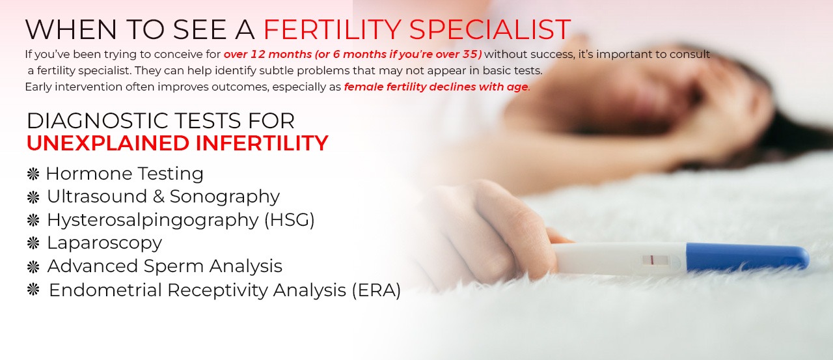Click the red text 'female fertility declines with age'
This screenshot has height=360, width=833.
point(436,87)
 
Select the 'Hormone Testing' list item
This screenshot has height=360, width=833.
point(124,174)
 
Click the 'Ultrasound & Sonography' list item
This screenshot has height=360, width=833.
point(163,197)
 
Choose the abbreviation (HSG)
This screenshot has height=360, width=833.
point(290,220)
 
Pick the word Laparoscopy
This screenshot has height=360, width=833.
point(104,243)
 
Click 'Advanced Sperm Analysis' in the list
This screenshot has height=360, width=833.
point(165,266)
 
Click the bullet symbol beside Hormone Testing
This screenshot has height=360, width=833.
point(33,174)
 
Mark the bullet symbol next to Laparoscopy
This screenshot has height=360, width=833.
point(33,243)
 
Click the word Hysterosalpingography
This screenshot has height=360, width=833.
point(153,220)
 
